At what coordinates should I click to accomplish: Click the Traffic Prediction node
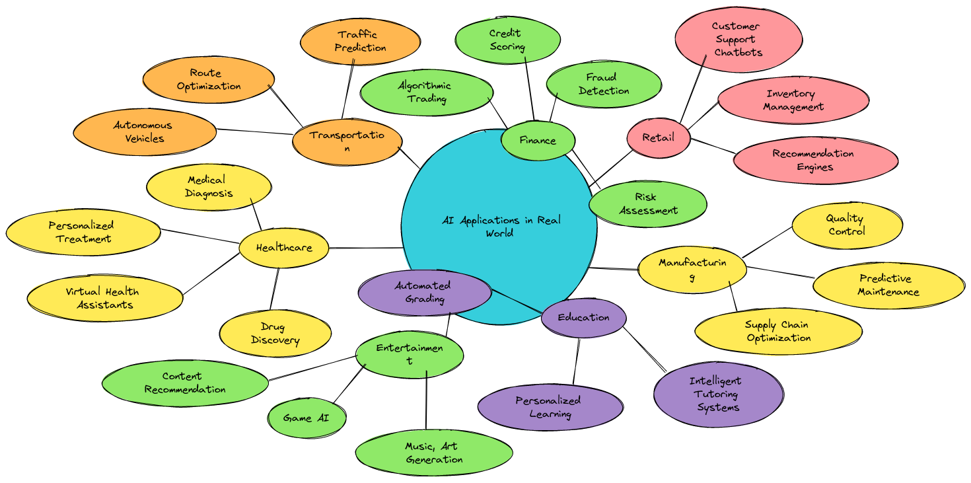point(360,42)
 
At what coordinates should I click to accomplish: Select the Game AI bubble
point(306,418)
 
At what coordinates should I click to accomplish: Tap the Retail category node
point(658,138)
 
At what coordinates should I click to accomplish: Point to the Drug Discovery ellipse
point(275,334)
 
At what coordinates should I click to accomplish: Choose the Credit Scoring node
point(507,40)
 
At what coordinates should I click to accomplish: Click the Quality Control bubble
point(847,225)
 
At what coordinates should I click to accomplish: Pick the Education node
point(583,318)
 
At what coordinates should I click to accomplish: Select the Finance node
point(538,141)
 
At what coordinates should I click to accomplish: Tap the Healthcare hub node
point(284,248)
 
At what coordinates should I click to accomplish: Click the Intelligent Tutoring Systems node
point(718,394)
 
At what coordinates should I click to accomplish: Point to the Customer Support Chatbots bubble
point(738,40)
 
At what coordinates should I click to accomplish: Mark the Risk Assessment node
point(647,204)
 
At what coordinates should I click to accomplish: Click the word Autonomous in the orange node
point(143,126)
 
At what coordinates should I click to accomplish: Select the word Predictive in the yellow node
point(885,278)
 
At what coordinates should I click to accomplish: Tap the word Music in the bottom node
point(418,446)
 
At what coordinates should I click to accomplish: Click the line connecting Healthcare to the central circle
point(366,248)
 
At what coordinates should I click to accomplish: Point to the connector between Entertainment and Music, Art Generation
point(426,400)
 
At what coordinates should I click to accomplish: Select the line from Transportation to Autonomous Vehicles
point(255,131)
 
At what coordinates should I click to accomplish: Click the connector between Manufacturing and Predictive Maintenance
point(781,272)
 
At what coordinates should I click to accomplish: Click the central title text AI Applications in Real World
point(501,227)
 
